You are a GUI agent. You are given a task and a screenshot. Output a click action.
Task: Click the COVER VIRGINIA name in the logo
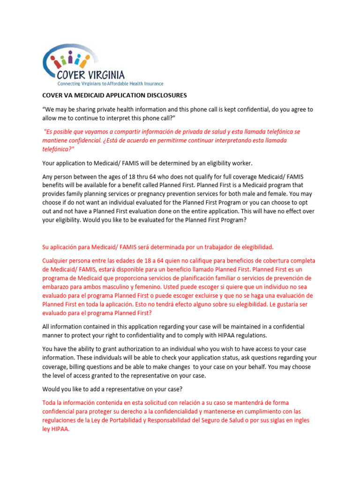[91, 75]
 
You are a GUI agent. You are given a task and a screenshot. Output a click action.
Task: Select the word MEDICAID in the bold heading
[86, 95]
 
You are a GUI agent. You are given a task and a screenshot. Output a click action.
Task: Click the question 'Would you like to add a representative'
[106, 389]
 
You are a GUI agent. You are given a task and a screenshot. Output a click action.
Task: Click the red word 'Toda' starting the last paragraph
[49, 403]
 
